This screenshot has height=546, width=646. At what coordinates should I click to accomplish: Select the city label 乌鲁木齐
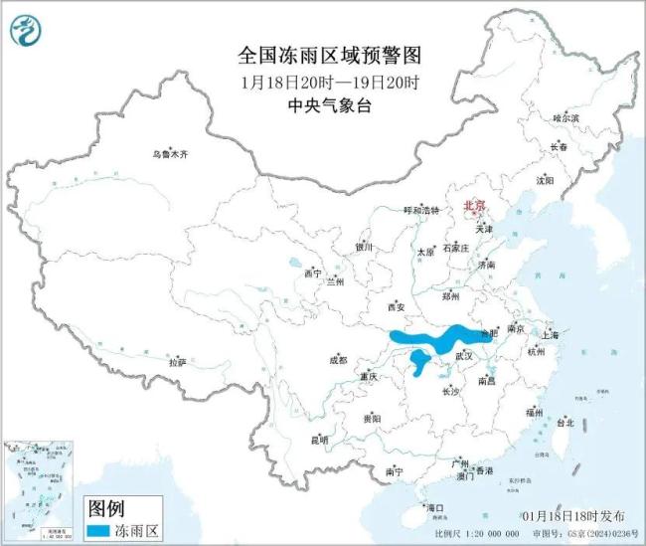170,155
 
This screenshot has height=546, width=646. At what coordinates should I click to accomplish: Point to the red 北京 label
475,206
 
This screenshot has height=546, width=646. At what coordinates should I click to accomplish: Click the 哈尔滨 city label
565,117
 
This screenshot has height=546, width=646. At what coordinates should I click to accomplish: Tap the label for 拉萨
178,363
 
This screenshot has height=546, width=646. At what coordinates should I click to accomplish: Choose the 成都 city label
339,360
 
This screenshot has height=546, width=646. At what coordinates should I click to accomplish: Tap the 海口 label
434,507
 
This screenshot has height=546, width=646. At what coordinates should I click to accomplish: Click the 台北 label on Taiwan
565,423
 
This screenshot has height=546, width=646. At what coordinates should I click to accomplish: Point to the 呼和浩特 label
419,211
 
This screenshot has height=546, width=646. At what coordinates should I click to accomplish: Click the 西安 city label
396,306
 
